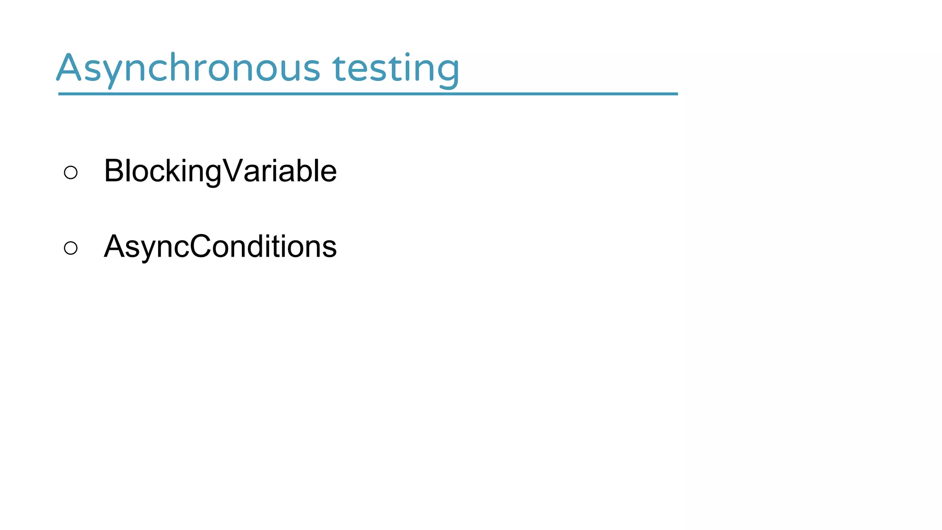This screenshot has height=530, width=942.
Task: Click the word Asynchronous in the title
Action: pyautogui.click(x=188, y=69)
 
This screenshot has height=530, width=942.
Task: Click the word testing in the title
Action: pyautogui.click(x=396, y=69)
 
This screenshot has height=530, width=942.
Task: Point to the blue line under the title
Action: pyautogui.click(x=368, y=94)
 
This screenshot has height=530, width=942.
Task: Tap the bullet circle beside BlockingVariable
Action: pyautogui.click(x=71, y=173)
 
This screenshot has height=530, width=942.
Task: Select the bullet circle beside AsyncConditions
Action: pyautogui.click(x=71, y=248)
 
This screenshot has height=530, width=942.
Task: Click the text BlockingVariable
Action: pyautogui.click(x=220, y=171)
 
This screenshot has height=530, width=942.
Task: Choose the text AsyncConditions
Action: pyautogui.click(x=220, y=247)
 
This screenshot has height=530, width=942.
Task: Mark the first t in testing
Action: pyautogui.click(x=339, y=69)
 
